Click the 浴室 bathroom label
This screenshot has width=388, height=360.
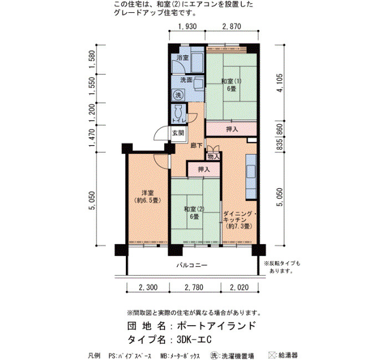click(x=182, y=58)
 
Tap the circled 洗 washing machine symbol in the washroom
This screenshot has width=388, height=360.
click(x=178, y=95)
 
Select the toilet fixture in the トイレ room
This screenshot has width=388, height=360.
click(x=178, y=112)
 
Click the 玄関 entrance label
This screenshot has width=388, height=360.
click(x=178, y=133)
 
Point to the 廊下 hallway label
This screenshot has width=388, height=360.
click(x=196, y=145)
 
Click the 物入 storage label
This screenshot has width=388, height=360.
click(x=213, y=157)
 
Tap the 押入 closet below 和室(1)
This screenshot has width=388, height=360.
click(x=232, y=129)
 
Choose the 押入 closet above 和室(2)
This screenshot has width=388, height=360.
click(x=204, y=169)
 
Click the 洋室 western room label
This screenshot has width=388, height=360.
click(x=147, y=193)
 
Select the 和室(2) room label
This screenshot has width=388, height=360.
click(x=194, y=209)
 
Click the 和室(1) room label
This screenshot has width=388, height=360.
click(x=231, y=81)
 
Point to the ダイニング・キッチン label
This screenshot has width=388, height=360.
click(x=238, y=217)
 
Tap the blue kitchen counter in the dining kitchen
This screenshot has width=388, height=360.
click(x=251, y=177)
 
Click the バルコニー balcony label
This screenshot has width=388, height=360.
click(x=192, y=265)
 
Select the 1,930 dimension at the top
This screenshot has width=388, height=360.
click(x=187, y=26)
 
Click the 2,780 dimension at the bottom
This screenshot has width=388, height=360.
click(x=194, y=287)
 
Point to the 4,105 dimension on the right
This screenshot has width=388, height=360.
click(x=280, y=83)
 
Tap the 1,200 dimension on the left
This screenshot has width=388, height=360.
click(x=92, y=114)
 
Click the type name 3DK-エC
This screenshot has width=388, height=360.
click(x=194, y=340)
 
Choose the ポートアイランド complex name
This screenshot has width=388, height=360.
click(x=216, y=326)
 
